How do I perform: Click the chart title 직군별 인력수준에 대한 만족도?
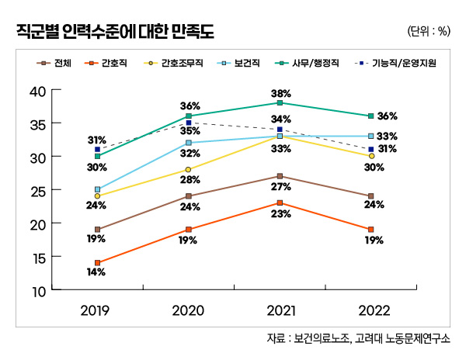(x=115, y=32)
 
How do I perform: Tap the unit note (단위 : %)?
(x=428, y=32)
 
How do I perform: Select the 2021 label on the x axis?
(x=280, y=310)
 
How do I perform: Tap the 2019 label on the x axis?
(x=97, y=310)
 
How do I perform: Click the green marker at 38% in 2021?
(x=280, y=102)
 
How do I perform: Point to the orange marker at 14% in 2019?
(x=97, y=263)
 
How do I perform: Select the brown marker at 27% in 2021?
(x=280, y=176)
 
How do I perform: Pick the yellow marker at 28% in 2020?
(x=189, y=169)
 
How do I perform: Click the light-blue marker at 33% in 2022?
(x=371, y=136)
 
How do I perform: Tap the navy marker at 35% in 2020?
(x=189, y=123)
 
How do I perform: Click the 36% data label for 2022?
(x=388, y=116)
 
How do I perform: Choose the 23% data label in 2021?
(x=281, y=215)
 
